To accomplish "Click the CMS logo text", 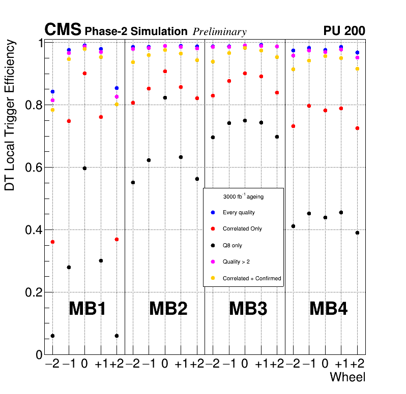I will pos(63,30).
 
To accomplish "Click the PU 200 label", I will pos(344,31).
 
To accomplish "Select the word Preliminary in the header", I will pos(219,32).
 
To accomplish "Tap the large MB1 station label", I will pos(87,308).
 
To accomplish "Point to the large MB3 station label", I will pos(248,308).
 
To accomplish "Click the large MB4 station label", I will pos(328,308).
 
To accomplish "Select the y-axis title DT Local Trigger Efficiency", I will pos(10,115).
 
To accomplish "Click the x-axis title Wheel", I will pos(347,377).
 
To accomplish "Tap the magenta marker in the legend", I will pos(213,261).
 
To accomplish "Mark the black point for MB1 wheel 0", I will pos(84,168).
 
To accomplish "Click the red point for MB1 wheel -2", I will pos(52,242).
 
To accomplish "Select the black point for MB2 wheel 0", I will pos(165,97).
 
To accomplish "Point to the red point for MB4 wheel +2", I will pos(357,128).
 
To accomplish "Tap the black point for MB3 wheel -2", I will pos(213,137).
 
